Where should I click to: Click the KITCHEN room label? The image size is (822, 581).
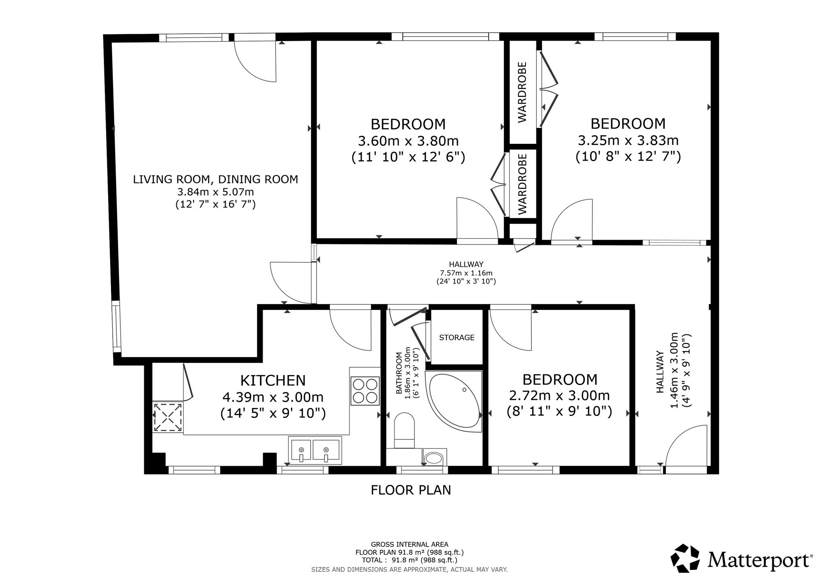(x=273, y=380)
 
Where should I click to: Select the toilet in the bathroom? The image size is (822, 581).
(x=404, y=431)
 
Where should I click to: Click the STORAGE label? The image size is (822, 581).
(x=457, y=337)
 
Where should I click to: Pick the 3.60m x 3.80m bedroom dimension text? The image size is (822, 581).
(x=408, y=141)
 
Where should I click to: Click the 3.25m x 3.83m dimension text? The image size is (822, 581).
(x=628, y=141)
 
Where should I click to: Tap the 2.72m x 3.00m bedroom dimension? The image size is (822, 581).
(x=559, y=396)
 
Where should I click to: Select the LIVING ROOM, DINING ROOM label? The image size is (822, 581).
(x=215, y=179)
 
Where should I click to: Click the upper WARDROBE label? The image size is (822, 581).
(x=522, y=92)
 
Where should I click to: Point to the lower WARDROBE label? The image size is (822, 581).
(x=522, y=184)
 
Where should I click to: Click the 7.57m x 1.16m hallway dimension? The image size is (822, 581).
(x=466, y=273)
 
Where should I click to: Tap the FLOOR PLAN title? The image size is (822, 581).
(x=411, y=490)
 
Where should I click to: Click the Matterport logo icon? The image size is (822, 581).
(x=685, y=558)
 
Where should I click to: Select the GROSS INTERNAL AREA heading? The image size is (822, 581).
(x=409, y=544)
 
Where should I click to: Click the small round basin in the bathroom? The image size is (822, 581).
(x=434, y=458)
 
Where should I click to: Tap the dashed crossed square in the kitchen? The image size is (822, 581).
(x=168, y=417)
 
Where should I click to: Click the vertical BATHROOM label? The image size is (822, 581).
(x=399, y=373)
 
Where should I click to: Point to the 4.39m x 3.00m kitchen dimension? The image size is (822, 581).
(x=273, y=397)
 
